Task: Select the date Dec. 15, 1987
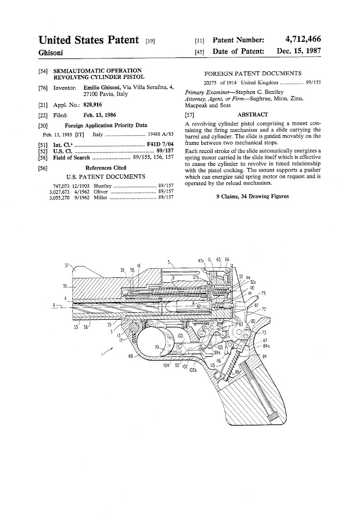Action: click(299, 52)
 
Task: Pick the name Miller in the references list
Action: click(101, 197)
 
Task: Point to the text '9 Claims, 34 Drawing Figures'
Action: click(252, 196)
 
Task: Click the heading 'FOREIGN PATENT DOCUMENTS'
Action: click(253, 74)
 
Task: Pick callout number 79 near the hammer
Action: click(262, 293)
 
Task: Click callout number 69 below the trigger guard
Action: click(130, 356)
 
